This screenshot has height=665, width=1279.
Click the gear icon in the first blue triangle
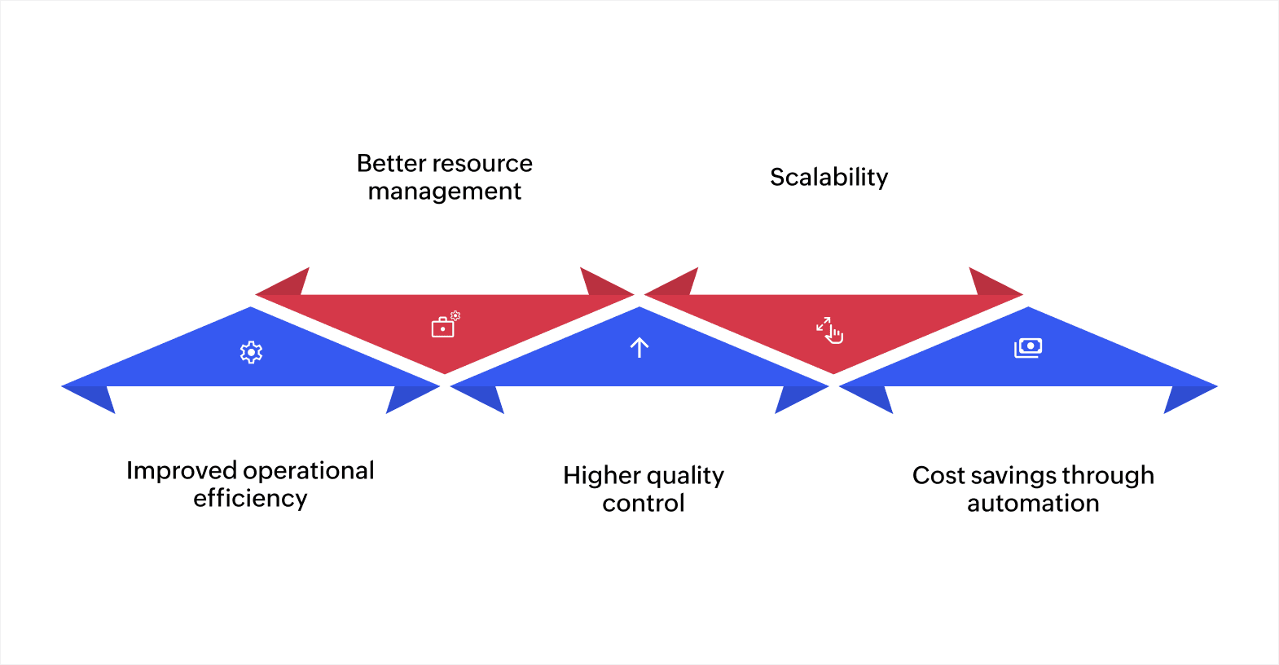[x=251, y=352]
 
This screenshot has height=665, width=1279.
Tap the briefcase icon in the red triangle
[x=444, y=326]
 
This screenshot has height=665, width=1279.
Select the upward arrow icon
[x=639, y=348]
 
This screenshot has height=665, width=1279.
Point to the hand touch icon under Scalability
[x=830, y=330]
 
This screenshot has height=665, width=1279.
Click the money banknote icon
[x=1028, y=348]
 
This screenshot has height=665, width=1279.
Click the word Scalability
[x=828, y=177]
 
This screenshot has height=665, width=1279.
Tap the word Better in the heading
[x=391, y=163]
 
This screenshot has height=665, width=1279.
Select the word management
[x=444, y=192]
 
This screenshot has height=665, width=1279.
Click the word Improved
[x=182, y=470]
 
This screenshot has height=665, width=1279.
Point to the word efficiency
[x=250, y=498]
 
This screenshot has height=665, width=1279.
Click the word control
[x=643, y=504]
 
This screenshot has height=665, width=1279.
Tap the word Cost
[x=938, y=475]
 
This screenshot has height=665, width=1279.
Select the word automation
[x=1032, y=504]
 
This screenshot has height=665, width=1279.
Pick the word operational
[x=309, y=470]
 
